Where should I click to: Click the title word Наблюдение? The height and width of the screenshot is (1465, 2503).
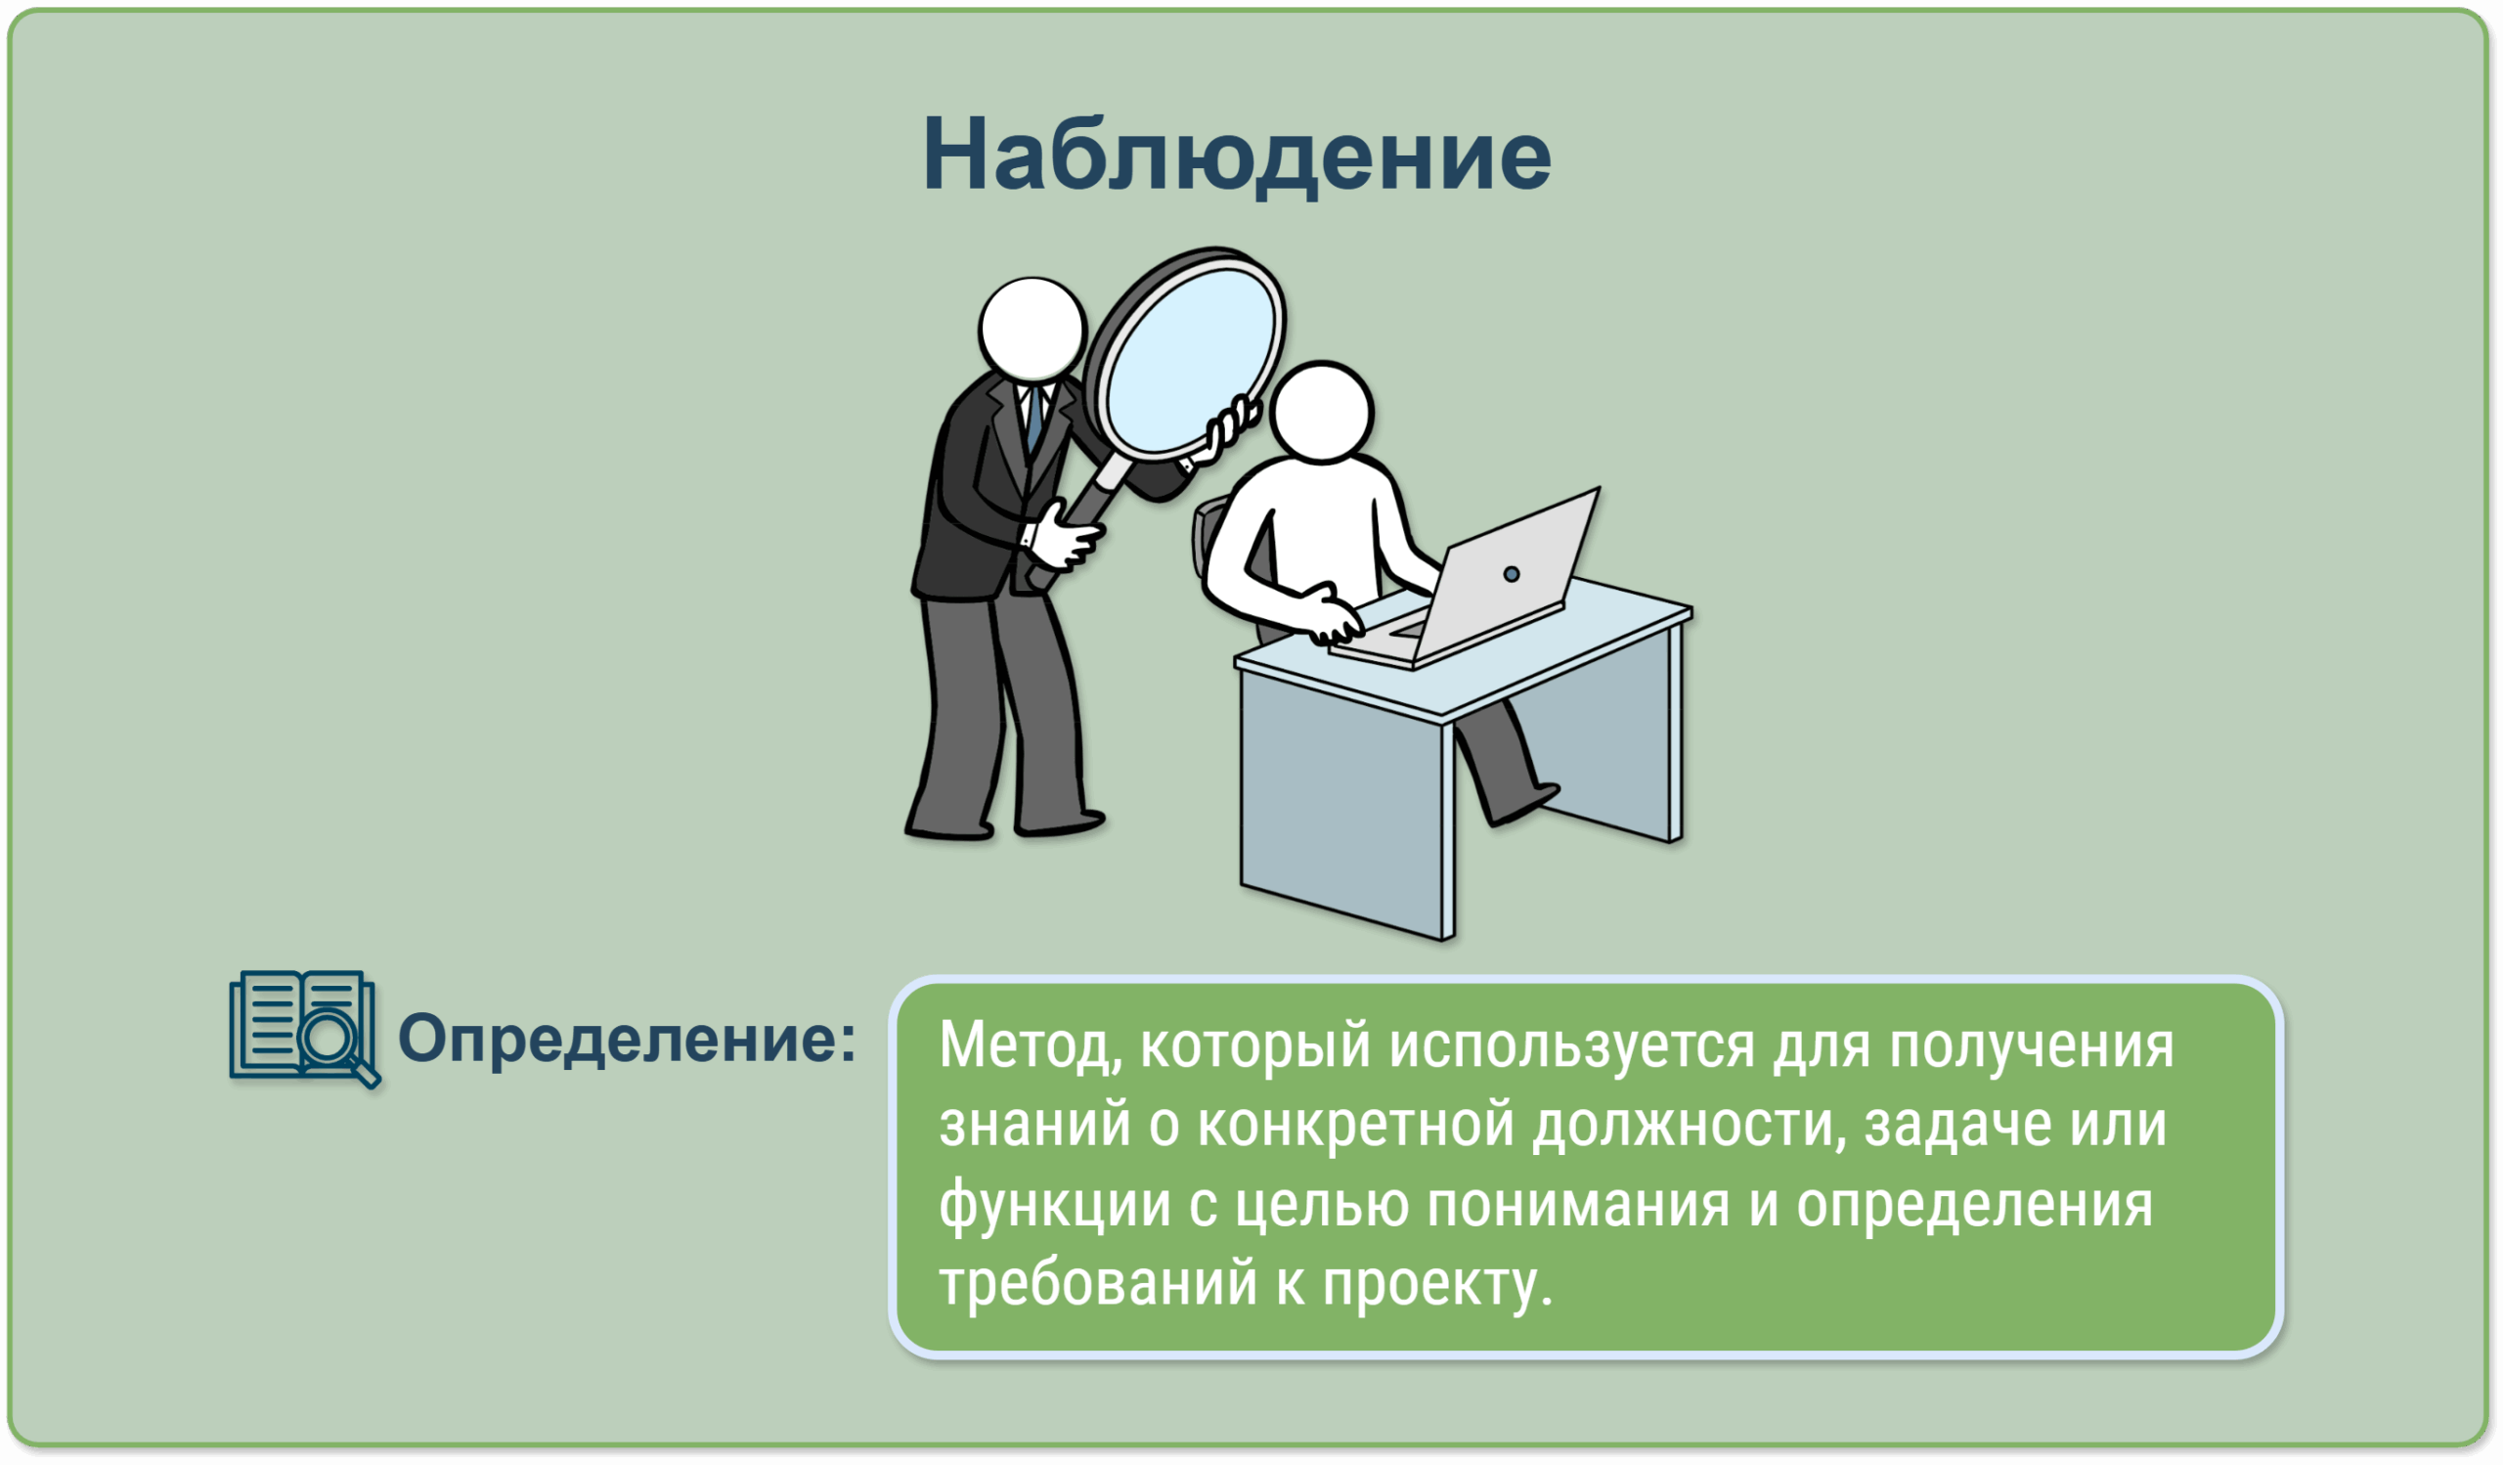(x=1237, y=155)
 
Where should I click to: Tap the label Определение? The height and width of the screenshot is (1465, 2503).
(x=627, y=1040)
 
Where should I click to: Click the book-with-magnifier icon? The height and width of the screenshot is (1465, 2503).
(x=305, y=1029)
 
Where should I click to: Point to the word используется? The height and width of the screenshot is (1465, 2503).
(x=1572, y=1046)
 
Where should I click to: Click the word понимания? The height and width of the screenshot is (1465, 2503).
(x=1578, y=1205)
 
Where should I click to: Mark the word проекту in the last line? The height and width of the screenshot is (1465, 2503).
(x=1437, y=1286)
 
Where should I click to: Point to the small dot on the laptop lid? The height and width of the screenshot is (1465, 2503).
(x=1512, y=574)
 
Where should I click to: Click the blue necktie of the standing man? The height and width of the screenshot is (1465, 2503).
(x=1035, y=418)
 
